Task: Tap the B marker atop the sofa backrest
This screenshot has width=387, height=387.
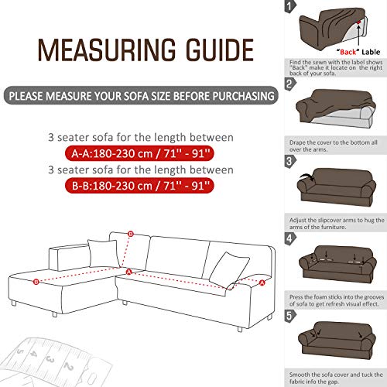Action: (131, 234)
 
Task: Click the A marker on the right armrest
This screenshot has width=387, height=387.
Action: (262, 283)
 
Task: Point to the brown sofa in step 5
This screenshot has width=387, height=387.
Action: (337, 341)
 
